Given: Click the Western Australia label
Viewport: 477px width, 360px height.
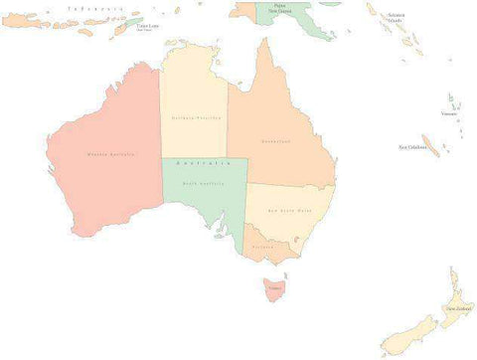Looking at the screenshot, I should point(110,154).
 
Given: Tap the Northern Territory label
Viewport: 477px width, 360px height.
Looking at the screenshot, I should point(195,117).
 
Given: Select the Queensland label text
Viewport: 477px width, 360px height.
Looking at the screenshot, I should point(277,141).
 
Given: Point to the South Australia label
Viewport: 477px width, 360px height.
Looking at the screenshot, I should point(204,184).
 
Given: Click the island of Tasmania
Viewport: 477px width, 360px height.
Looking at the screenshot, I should point(274,288).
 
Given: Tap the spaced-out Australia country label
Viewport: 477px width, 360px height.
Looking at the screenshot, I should point(204,161).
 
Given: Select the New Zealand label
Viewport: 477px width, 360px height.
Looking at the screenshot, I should point(458,308).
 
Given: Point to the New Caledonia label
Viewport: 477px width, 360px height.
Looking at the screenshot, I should point(412,147).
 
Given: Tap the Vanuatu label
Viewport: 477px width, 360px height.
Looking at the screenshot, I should point(449,113).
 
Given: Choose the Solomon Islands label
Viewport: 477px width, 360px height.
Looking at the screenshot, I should point(397,17).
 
